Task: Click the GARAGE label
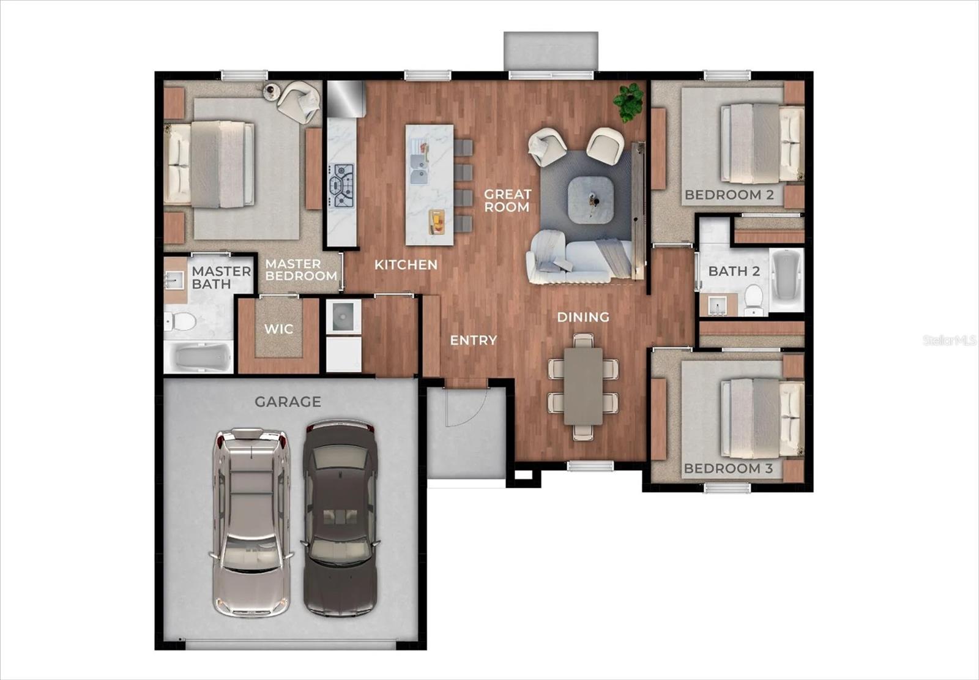288,402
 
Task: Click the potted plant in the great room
628,101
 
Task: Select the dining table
583,386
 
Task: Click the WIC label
278,329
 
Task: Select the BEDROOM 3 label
728,469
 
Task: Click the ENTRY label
474,340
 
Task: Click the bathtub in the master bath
198,357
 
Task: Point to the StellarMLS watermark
950,340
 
